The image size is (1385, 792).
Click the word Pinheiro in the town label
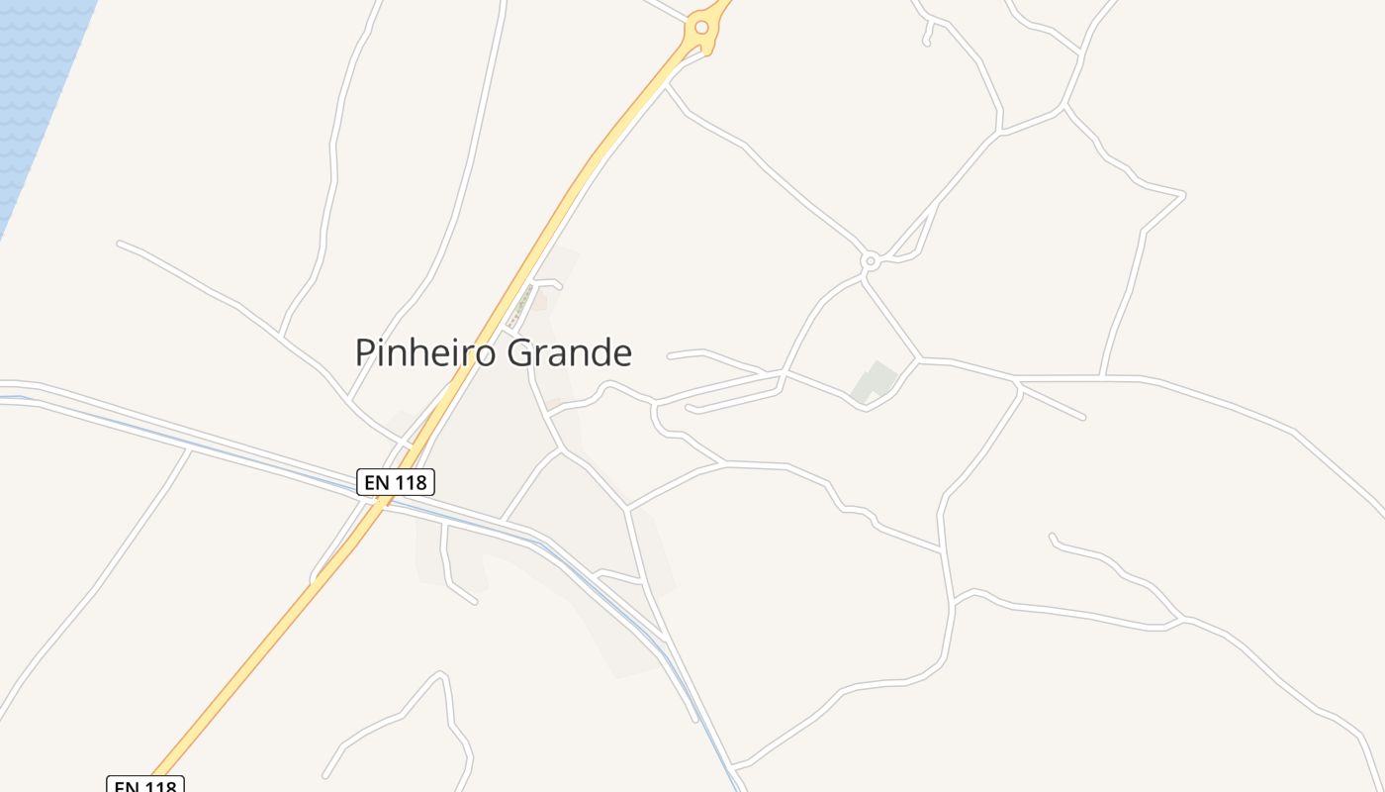pyautogui.click(x=425, y=352)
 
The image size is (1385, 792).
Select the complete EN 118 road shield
pyautogui.click(x=396, y=482)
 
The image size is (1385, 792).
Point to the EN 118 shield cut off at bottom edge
pyautogui.click(x=145, y=785)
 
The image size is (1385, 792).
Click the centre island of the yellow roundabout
pyautogui.click(x=701, y=28)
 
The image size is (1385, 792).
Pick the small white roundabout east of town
pyautogui.click(x=871, y=261)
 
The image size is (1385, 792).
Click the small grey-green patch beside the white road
pyautogui.click(x=875, y=382)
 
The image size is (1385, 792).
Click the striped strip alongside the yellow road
pyautogui.click(x=520, y=306)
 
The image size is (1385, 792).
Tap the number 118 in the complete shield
pyautogui.click(x=410, y=482)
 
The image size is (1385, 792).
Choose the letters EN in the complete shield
pyautogui.click(x=376, y=482)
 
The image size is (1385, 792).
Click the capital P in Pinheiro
pyautogui.click(x=365, y=352)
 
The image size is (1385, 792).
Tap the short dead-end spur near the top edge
pyautogui.click(x=927, y=42)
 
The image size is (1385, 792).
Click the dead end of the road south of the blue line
pyautogui.click(x=475, y=602)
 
